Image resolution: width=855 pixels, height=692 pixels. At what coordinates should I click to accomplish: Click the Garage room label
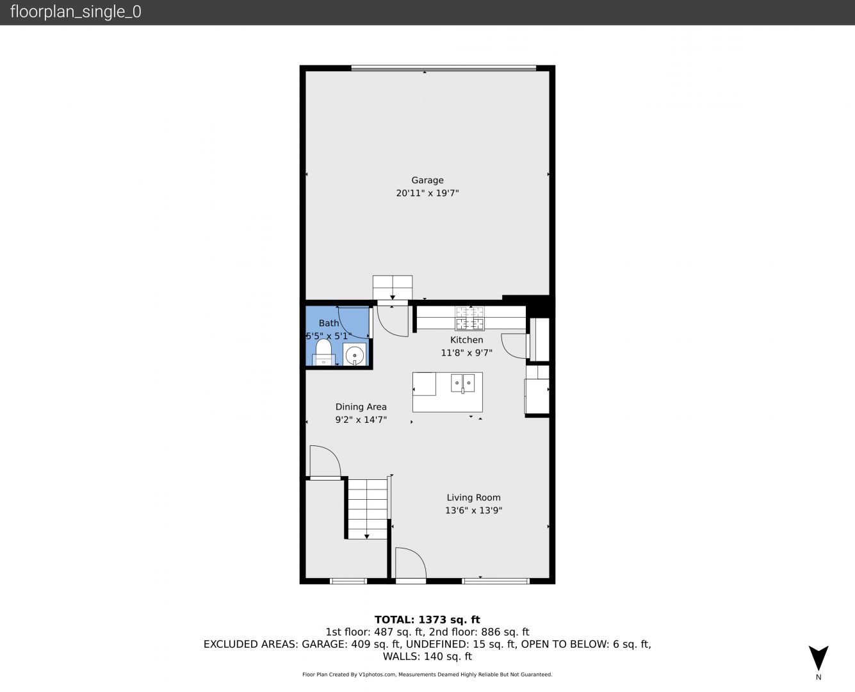click(427, 180)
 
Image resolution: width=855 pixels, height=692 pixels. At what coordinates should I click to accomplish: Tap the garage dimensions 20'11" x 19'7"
click(427, 193)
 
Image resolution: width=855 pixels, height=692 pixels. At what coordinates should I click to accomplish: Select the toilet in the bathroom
click(323, 352)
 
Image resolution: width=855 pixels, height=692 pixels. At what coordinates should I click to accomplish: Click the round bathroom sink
click(354, 355)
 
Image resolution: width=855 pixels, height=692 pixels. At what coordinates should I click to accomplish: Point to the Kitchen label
click(466, 340)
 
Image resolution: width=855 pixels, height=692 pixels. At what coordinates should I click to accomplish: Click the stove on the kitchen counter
click(469, 318)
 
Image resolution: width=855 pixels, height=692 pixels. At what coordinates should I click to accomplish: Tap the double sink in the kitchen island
click(462, 383)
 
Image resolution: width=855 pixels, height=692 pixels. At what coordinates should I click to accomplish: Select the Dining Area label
click(361, 407)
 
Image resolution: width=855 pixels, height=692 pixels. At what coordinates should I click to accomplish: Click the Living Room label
click(474, 498)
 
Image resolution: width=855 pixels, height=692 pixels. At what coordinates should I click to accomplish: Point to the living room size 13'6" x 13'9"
click(474, 511)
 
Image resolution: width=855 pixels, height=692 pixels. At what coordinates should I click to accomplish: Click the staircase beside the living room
click(367, 509)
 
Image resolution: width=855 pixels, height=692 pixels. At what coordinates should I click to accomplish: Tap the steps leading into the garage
click(393, 288)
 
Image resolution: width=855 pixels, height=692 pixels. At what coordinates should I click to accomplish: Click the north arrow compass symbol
click(818, 658)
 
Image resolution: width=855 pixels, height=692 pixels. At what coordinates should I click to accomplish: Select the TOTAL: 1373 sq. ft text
click(427, 620)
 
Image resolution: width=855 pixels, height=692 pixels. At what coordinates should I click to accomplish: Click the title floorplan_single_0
click(76, 12)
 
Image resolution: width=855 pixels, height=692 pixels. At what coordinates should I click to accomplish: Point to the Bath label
click(329, 323)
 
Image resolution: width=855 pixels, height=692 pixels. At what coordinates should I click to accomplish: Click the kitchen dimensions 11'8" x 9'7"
click(466, 352)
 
